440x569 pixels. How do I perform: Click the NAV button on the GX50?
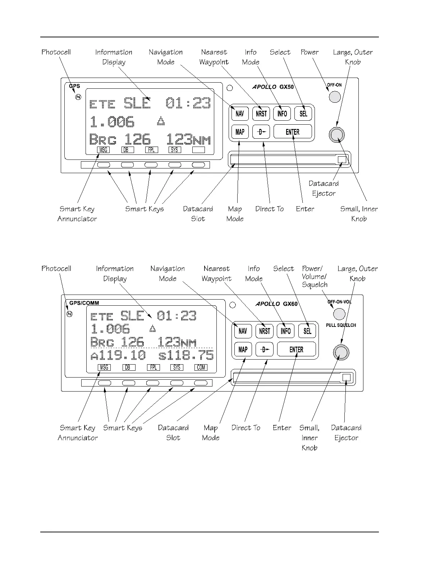[x=240, y=114]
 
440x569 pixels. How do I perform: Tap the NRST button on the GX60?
[x=265, y=331]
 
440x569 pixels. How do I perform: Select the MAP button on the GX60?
[x=243, y=349]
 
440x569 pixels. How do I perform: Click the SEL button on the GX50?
[x=303, y=114]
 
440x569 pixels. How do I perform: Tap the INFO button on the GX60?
[x=286, y=331]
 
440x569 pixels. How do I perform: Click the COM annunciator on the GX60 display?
[x=201, y=367]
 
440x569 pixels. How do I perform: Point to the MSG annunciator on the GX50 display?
[x=104, y=150]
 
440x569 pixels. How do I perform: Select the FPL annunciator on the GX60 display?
[x=153, y=367]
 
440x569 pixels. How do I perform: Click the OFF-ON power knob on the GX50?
[x=335, y=96]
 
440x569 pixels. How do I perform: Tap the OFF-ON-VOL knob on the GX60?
[x=339, y=314]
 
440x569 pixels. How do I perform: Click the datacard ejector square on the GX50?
[x=342, y=160]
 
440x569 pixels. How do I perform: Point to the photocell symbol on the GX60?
[x=70, y=314]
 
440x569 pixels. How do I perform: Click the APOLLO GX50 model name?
[x=273, y=87]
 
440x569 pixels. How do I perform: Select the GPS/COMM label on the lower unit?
[x=84, y=303]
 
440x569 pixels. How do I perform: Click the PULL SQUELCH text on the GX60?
[x=341, y=325]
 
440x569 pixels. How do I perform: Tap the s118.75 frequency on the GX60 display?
[x=186, y=356]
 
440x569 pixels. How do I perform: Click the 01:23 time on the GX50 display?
[x=188, y=103]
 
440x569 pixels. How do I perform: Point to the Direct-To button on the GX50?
[x=261, y=132]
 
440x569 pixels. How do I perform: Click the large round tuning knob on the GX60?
[x=340, y=353]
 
